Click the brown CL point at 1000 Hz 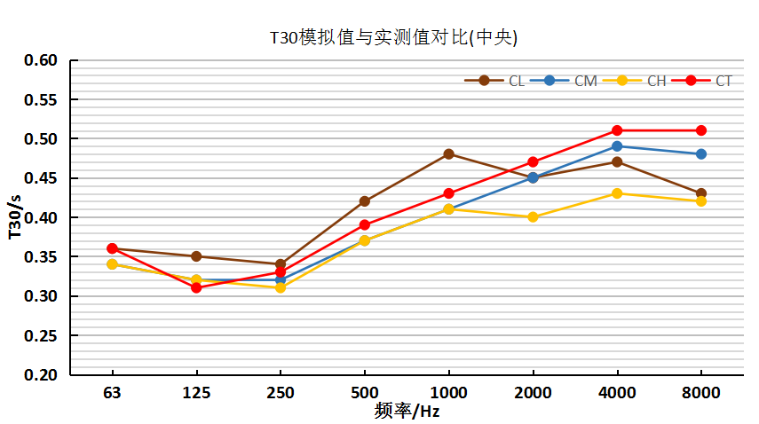pyautogui.click(x=448, y=154)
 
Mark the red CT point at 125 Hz pyautogui.click(x=196, y=288)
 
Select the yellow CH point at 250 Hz pyautogui.click(x=281, y=288)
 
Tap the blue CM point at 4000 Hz pyautogui.click(x=617, y=146)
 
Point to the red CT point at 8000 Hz pyautogui.click(x=701, y=130)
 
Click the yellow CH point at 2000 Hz pyautogui.click(x=533, y=217)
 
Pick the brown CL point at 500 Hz pyautogui.click(x=364, y=201)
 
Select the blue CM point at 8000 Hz pyautogui.click(x=701, y=154)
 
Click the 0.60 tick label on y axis pyautogui.click(x=40, y=60)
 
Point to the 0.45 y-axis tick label pyautogui.click(x=40, y=178)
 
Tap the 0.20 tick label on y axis pyautogui.click(x=40, y=374)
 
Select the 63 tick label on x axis pyautogui.click(x=112, y=393)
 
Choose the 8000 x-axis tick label pyautogui.click(x=701, y=393)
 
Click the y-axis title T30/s pyautogui.click(x=13, y=217)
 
